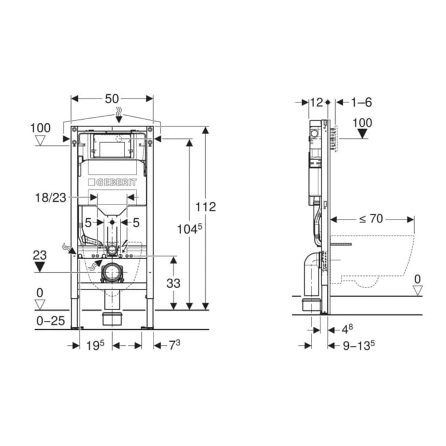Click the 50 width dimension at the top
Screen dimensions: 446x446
tap(111, 98)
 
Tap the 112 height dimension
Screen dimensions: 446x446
tap(205, 207)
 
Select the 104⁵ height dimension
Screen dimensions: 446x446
tap(190, 229)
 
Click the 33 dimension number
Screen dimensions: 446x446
tap(173, 283)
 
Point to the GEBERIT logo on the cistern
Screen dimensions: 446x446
tap(112, 182)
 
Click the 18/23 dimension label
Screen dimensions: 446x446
tap(50, 197)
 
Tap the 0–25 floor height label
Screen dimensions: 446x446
tap(50, 321)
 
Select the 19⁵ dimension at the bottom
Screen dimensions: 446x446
tap(95, 345)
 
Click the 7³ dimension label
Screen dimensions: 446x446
tap(174, 345)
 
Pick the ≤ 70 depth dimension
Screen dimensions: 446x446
tap(371, 219)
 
